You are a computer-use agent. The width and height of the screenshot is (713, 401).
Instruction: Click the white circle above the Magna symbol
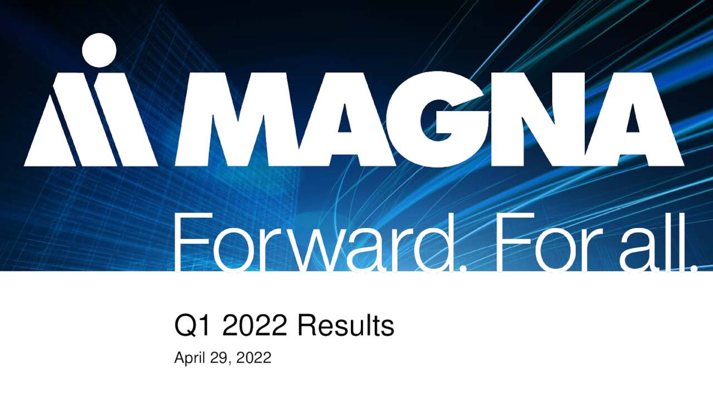pyautogui.click(x=99, y=50)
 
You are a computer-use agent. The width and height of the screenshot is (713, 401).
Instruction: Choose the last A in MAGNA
pyautogui.click(x=635, y=120)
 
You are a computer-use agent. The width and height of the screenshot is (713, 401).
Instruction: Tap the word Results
pyautogui.click(x=345, y=326)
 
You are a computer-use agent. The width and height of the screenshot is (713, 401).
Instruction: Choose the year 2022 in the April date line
pyautogui.click(x=254, y=358)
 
